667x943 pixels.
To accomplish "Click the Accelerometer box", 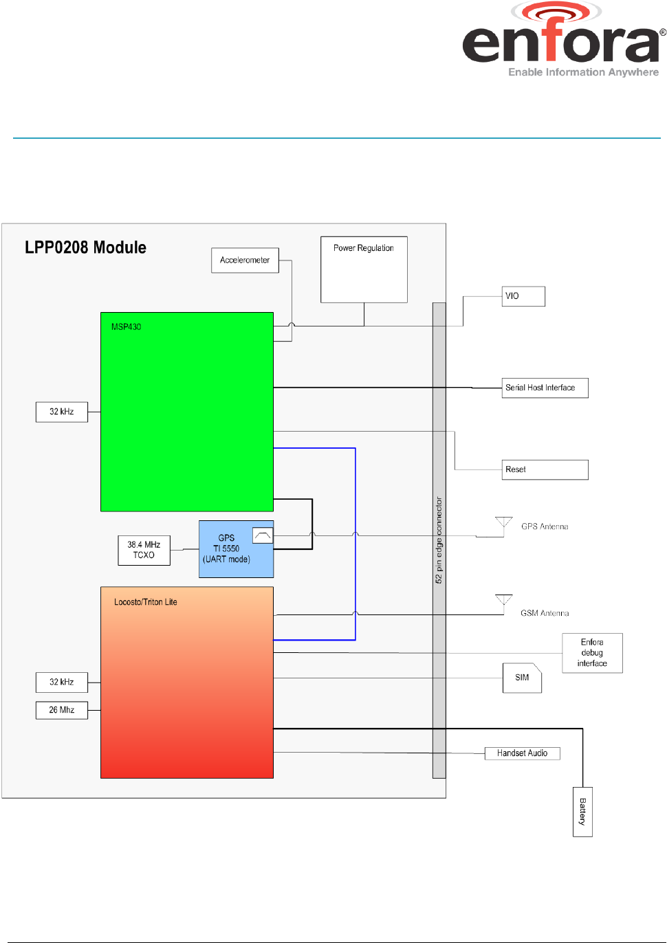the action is click(x=245, y=260).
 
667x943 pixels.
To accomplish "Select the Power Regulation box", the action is click(x=364, y=269).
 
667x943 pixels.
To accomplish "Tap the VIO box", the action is click(x=523, y=296).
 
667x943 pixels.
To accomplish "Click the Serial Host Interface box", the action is click(x=545, y=388).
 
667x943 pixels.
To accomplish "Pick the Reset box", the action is click(x=545, y=469).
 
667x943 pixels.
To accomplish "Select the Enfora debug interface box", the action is click(x=592, y=653).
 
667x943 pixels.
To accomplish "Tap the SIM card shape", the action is click(x=522, y=678).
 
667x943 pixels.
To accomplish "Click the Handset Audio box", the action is click(x=522, y=753).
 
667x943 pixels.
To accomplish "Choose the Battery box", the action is click(x=583, y=812).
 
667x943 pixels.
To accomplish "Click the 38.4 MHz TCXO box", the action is click(x=144, y=551).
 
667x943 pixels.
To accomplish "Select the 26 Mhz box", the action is click(x=62, y=710).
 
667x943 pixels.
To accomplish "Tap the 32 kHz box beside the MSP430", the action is click(x=62, y=412).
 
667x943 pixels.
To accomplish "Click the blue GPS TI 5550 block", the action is click(x=237, y=549).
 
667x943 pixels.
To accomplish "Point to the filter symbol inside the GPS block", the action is click(x=263, y=535).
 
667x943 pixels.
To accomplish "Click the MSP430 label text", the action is click(x=127, y=326).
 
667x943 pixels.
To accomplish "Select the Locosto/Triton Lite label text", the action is click(x=146, y=602).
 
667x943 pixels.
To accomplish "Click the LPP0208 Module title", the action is click(x=85, y=247).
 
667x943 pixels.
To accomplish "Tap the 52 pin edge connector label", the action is click(x=439, y=540).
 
